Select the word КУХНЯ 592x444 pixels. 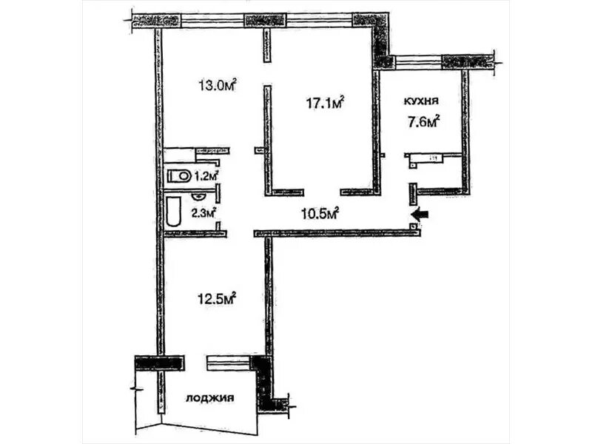tap(421, 101)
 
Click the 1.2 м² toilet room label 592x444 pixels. tap(206, 175)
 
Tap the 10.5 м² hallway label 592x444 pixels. tap(320, 214)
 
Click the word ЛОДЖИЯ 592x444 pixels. tap(210, 398)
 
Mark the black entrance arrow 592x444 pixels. tap(420, 215)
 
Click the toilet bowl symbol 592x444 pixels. tap(178, 175)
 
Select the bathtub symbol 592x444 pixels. tap(173, 211)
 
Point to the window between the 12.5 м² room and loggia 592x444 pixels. tap(229, 363)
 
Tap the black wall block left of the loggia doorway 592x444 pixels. tap(160, 363)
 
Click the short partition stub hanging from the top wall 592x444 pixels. tap(267, 44)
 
